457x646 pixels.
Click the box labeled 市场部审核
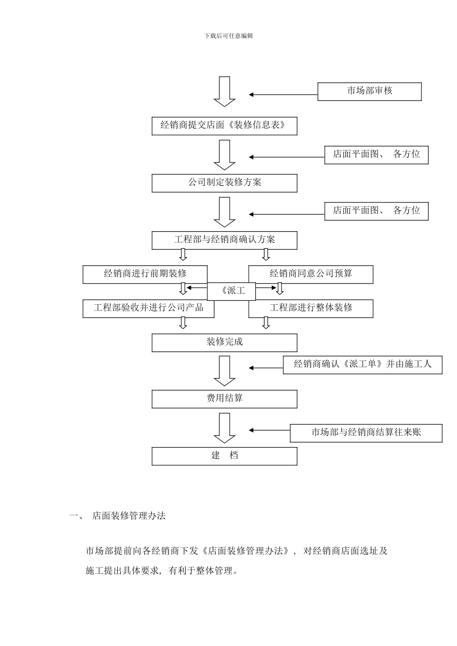369,91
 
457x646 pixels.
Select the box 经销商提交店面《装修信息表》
224,126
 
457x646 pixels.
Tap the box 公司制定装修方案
224,183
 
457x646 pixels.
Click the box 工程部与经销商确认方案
224,240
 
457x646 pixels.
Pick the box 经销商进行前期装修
145,274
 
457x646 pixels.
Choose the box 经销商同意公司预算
310,274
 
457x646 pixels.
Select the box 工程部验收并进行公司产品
148,308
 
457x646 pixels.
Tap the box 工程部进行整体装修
310,308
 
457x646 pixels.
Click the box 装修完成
224,343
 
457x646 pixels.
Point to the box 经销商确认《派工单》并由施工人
362,365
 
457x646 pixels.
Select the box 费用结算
224,399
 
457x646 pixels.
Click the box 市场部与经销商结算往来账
366,433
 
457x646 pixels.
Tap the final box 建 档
224,456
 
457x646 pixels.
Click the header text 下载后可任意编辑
228,36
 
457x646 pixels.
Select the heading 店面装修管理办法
129,516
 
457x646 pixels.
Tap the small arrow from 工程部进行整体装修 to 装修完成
266,323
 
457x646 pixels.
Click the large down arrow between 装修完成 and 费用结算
224,371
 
